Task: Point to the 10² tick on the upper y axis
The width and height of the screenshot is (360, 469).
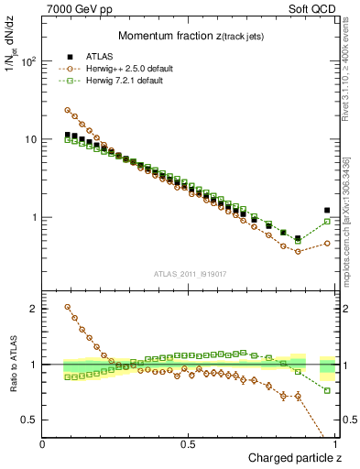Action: coord(28,61)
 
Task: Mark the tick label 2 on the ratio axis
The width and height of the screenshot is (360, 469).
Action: coord(33,309)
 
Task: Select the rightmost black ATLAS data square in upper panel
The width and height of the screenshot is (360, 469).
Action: coord(327,211)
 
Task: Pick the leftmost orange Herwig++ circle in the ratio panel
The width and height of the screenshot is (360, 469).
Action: coord(68,307)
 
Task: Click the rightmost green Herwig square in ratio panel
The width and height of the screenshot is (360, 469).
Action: coord(327,390)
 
